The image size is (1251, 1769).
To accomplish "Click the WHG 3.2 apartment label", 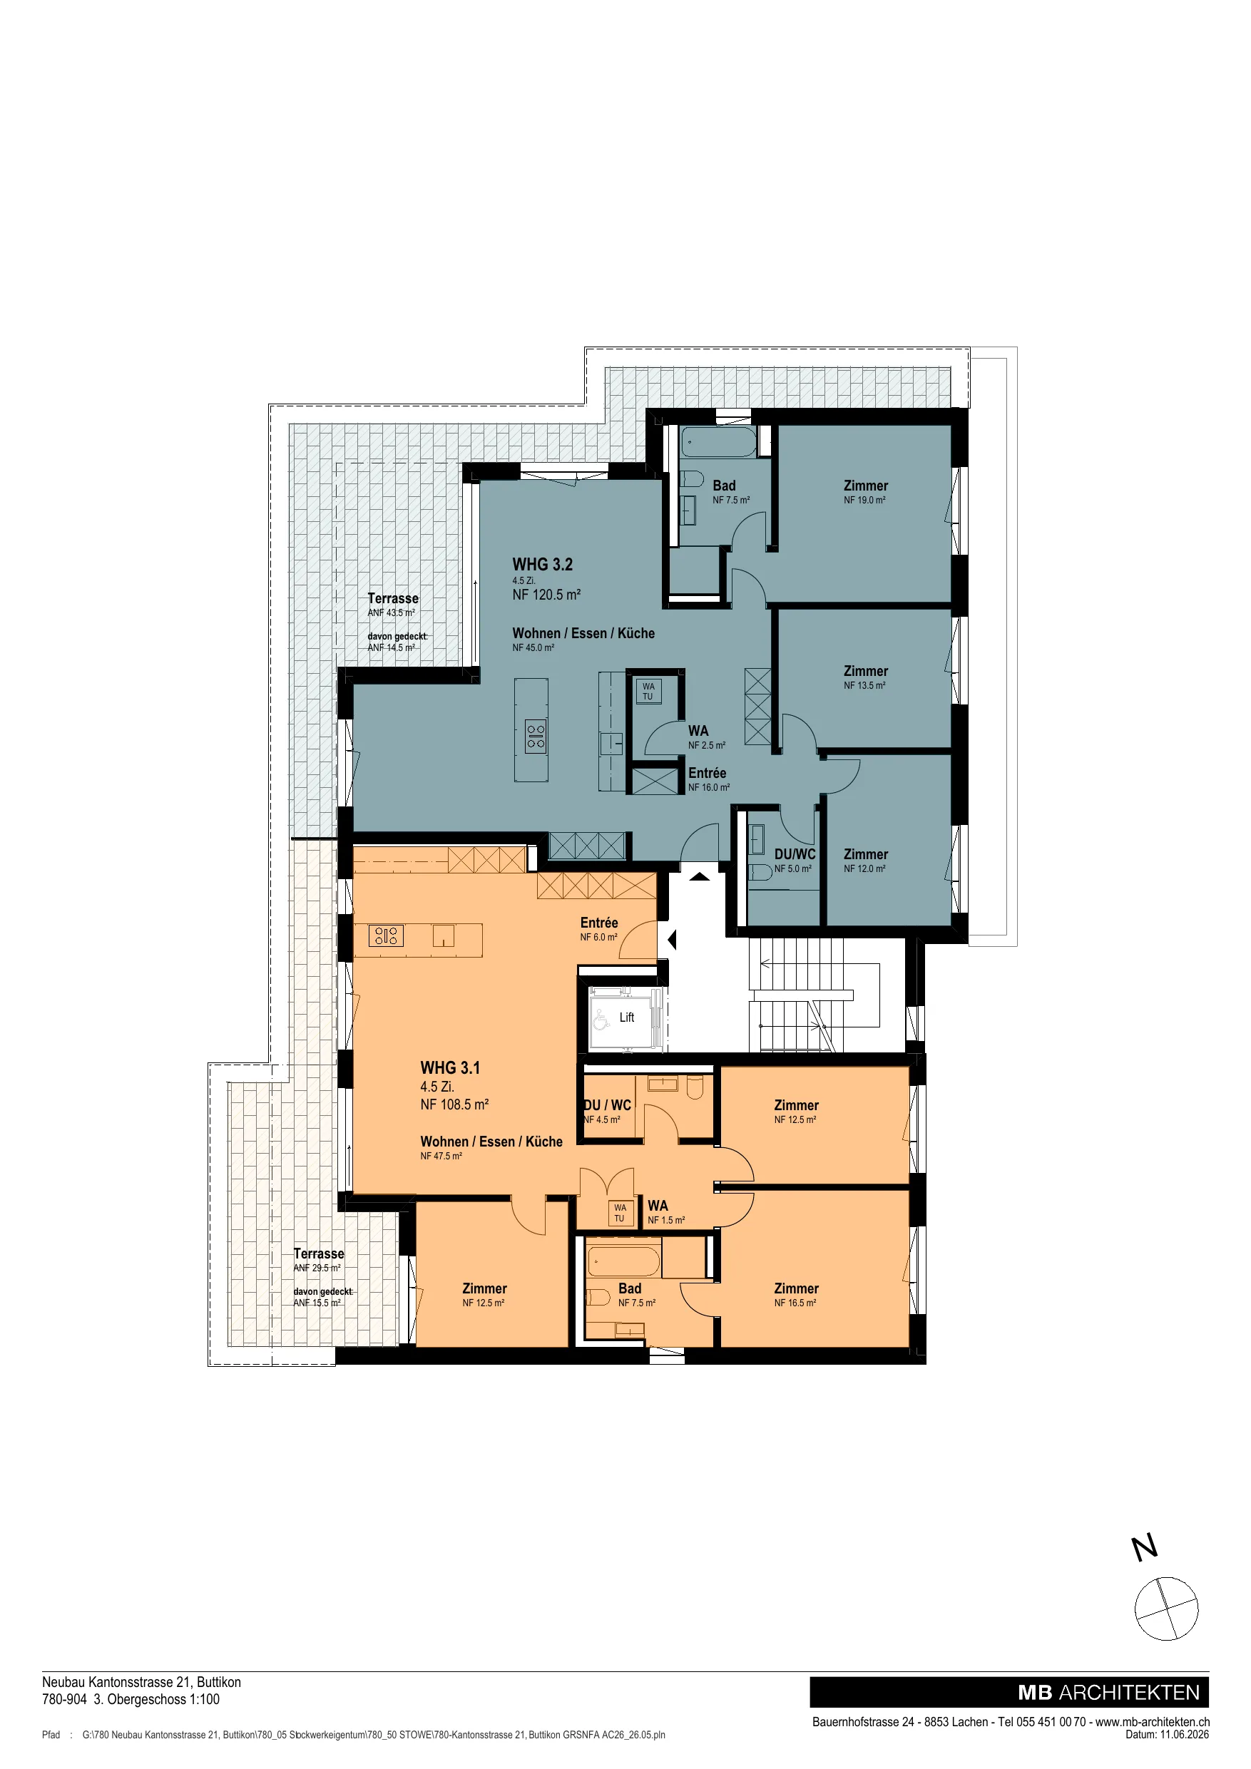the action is [x=543, y=565].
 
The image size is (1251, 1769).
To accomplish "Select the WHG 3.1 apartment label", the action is [x=450, y=1068].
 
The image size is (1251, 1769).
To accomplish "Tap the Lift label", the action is [x=627, y=1017].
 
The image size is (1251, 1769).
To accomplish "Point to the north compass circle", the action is [x=1166, y=1609].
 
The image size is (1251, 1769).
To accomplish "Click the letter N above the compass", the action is [x=1145, y=1547].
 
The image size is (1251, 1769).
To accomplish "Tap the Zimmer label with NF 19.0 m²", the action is [x=866, y=486].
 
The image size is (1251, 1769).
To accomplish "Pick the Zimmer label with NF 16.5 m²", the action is [x=796, y=1288].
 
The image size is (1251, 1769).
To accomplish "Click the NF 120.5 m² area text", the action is [x=546, y=595].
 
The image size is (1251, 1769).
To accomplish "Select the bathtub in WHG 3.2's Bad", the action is [x=719, y=442].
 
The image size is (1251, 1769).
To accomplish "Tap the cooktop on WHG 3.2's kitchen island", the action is [x=536, y=737].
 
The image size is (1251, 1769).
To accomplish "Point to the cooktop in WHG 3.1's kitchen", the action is [x=385, y=935].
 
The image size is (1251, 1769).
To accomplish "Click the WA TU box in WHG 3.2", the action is [x=648, y=691].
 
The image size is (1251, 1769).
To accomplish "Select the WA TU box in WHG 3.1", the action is [x=620, y=1213].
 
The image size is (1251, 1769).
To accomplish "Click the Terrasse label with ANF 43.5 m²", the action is [x=393, y=599].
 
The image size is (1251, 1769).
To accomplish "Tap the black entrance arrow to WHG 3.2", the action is [x=699, y=876].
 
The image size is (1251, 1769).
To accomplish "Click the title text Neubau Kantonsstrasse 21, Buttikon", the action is [x=142, y=1682].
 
